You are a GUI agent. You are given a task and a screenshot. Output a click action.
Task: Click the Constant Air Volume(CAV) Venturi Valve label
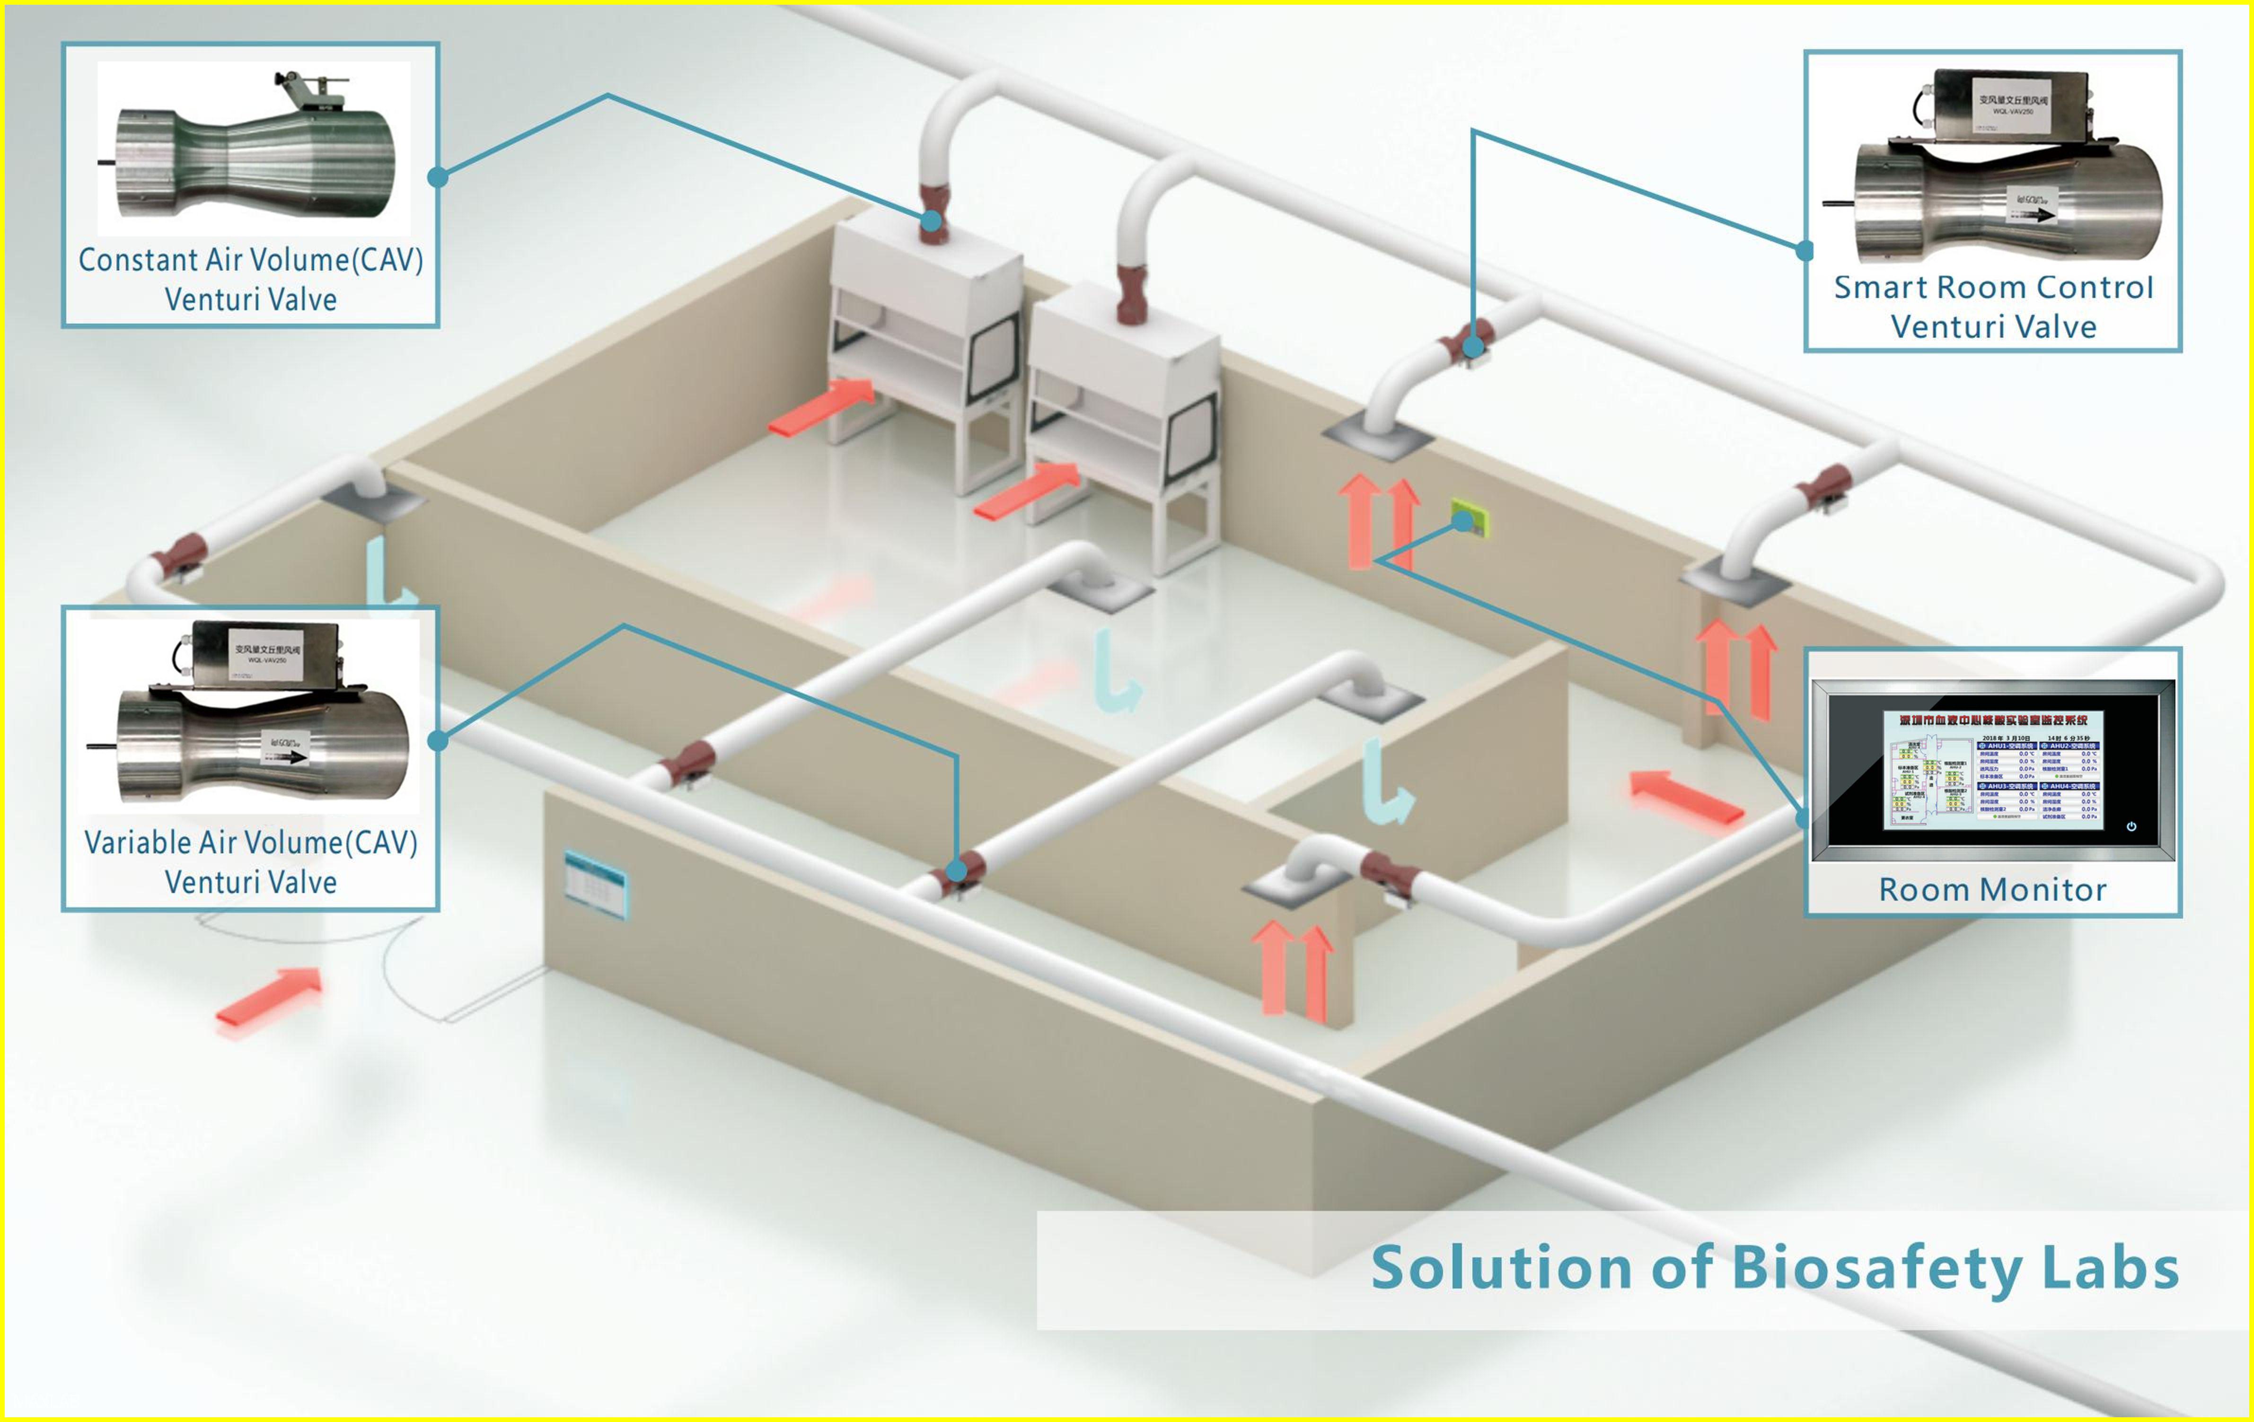[x=251, y=279]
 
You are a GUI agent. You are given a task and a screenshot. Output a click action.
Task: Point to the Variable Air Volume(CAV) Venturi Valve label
[x=251, y=861]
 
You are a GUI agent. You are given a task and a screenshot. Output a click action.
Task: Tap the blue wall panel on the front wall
[x=596, y=884]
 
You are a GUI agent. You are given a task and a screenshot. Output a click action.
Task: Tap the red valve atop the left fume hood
[x=933, y=213]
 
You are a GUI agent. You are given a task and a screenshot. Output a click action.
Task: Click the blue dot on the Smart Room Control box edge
[x=1805, y=251]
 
